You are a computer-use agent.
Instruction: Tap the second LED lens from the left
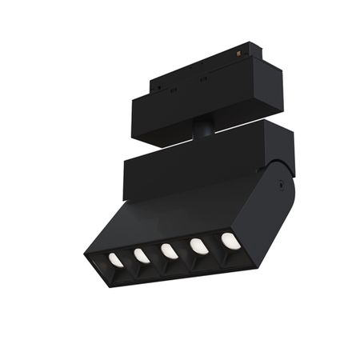tap(142, 255)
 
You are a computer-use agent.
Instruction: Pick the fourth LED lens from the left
tap(198, 246)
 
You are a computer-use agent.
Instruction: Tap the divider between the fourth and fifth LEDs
tap(213, 244)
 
